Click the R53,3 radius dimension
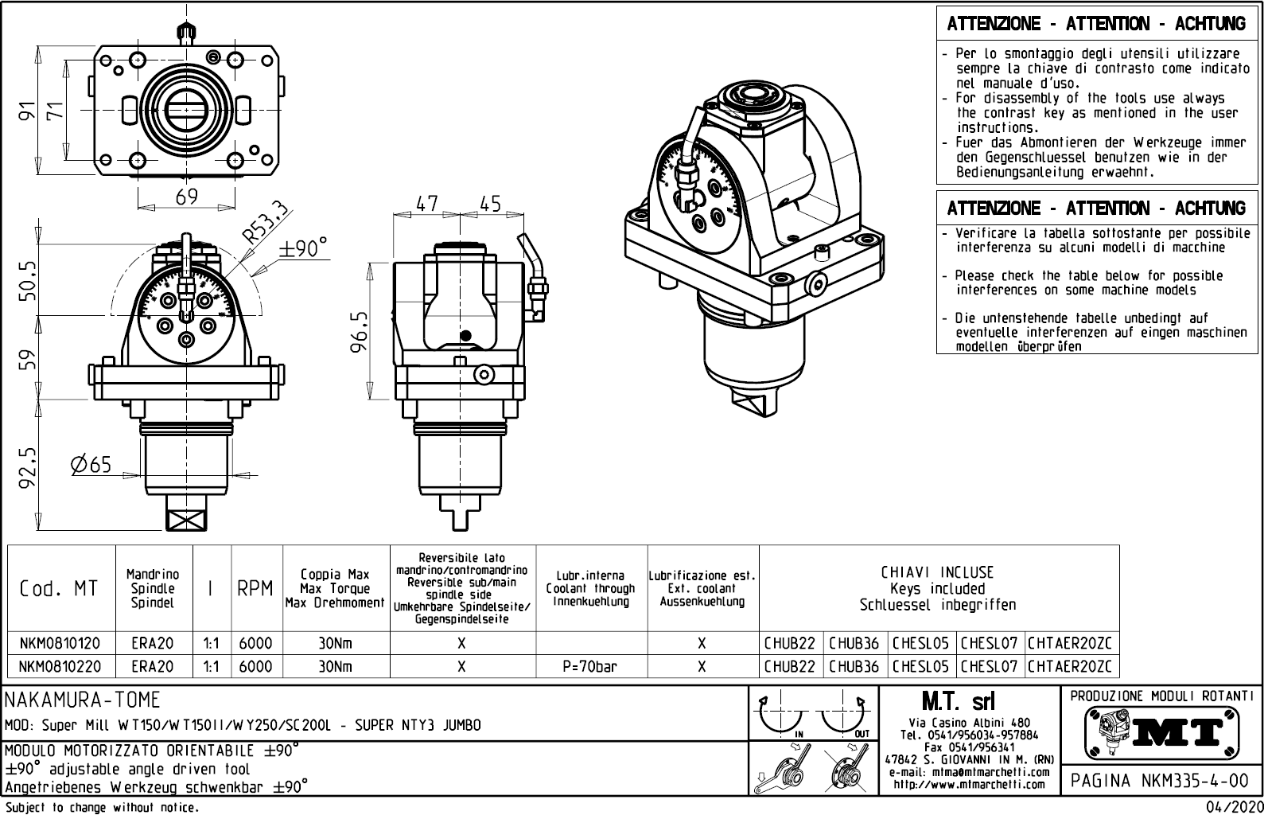tap(265, 222)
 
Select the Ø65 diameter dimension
tap(91, 464)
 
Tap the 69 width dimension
tap(186, 196)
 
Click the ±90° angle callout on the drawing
tap(303, 248)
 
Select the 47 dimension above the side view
tap(427, 204)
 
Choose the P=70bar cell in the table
tap(590, 666)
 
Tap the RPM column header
tap(255, 589)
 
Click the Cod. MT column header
tap(59, 589)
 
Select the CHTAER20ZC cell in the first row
tap(1072, 643)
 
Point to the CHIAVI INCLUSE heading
tap(937, 572)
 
